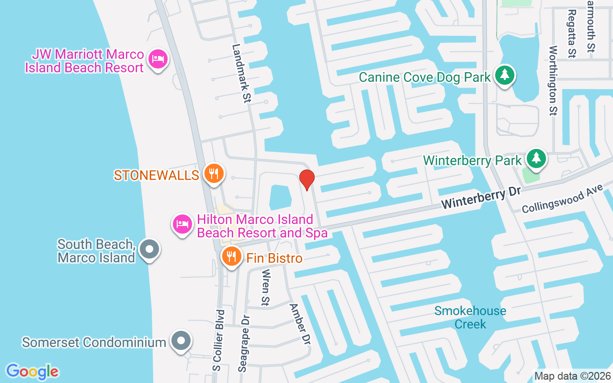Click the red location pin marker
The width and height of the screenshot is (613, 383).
pos(306,180)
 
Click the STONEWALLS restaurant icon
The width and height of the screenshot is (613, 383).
pos(214,173)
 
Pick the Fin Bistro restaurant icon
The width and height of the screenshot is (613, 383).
pos(231,257)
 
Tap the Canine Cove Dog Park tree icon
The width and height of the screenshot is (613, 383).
pos(504,76)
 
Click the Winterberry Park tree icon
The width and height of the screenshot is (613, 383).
pos(536,158)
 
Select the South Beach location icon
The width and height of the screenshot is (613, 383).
pos(149,249)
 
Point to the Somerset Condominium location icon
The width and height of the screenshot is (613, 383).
pos(181,341)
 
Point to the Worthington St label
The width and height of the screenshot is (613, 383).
pos(553,80)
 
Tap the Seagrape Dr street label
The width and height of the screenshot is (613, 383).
pos(244,343)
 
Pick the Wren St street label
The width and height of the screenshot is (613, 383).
pos(265,287)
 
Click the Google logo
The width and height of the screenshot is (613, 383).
pos(32,372)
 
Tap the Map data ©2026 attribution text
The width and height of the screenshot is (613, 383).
pos(572,376)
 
